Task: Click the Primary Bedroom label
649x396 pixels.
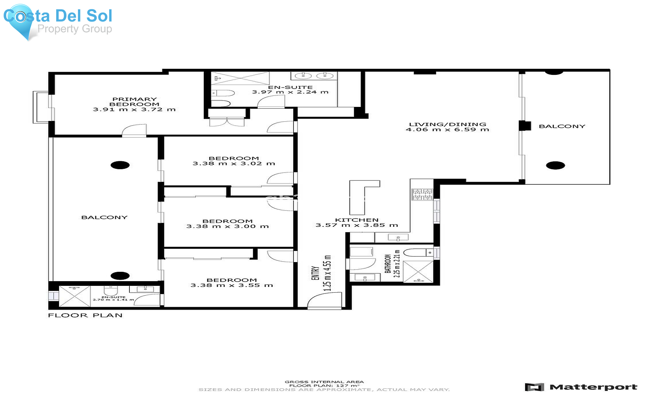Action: (134, 102)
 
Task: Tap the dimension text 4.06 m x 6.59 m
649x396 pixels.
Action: (447, 130)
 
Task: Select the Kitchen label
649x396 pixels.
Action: (357, 220)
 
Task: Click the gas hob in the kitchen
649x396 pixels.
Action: (422, 194)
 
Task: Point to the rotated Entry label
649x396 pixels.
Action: (315, 273)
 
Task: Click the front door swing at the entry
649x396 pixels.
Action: (323, 301)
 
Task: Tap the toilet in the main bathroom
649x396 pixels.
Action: (418, 252)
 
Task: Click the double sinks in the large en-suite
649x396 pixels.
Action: (314, 76)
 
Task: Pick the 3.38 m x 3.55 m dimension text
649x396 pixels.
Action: (231, 285)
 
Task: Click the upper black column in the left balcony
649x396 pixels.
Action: (120, 165)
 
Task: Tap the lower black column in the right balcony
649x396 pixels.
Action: (555, 166)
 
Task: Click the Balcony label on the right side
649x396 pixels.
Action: (562, 126)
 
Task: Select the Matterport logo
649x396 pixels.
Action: (581, 387)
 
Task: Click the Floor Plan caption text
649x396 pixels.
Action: (85, 315)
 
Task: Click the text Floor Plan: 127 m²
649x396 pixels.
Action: (324, 386)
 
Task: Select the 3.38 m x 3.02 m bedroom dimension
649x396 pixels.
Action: (234, 163)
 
